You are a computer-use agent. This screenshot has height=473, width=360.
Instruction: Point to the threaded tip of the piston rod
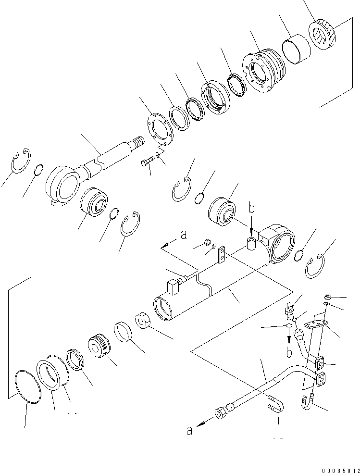pyautogui.click(x=137, y=143)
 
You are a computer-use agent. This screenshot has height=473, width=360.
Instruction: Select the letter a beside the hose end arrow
pyautogui.click(x=190, y=430)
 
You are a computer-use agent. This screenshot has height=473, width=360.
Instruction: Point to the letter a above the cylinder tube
pyautogui.click(x=183, y=235)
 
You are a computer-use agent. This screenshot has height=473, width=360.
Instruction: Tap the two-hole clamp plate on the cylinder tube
pyautogui.click(x=222, y=255)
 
